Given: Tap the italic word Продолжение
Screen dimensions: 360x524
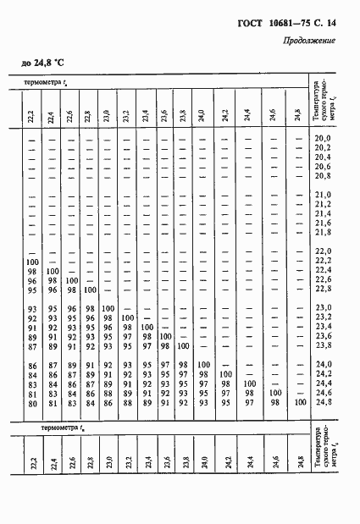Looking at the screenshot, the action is pyautogui.click(x=307, y=40).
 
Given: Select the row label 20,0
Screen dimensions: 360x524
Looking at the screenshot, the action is pyautogui.click(x=322, y=138).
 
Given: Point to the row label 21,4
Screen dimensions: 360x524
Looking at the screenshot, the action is pyautogui.click(x=322, y=213).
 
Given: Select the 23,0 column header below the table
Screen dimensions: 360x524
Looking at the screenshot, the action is pyautogui.click(x=107, y=462).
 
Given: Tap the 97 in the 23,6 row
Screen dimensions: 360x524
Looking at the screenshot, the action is pyautogui.click(x=146, y=335).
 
